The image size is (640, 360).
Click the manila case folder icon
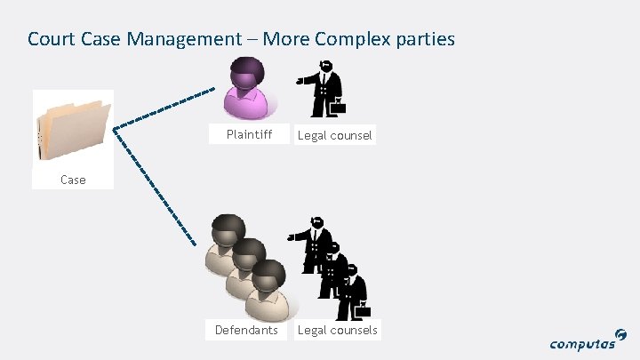click(x=73, y=128)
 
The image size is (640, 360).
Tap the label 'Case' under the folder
click(x=73, y=180)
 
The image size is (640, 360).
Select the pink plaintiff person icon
click(x=247, y=91)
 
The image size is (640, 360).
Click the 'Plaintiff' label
click(x=249, y=135)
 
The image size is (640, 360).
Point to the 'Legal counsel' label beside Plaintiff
click(x=335, y=136)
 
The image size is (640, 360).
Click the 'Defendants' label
click(x=246, y=331)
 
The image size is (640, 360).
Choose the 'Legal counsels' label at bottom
click(x=338, y=331)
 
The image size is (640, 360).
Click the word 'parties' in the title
click(x=423, y=39)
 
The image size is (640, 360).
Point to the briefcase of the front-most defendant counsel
click(x=363, y=310)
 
